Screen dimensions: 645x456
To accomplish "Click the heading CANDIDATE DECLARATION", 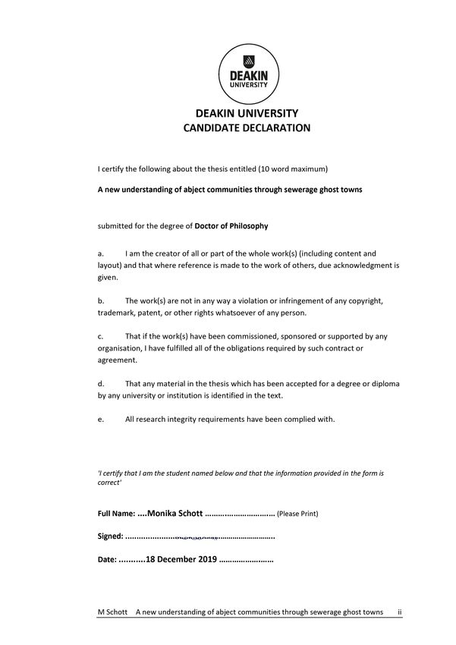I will pyautogui.click(x=247, y=128).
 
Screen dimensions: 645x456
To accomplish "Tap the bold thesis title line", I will pyautogui.click(x=230, y=190).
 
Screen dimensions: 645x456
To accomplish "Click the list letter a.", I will pyautogui.click(x=100, y=253).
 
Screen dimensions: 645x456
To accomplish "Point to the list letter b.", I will pyautogui.click(x=100, y=300).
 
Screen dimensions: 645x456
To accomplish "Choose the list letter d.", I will pyautogui.click(x=100, y=382).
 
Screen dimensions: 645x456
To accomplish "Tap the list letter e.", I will pyautogui.click(x=100, y=418).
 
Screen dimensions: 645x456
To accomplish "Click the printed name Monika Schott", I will pyautogui.click(x=175, y=513).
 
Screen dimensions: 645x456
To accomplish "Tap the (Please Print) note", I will pyautogui.click(x=297, y=514).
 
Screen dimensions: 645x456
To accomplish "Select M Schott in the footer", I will pyautogui.click(x=112, y=612).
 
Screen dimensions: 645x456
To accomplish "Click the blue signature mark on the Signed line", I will pyautogui.click(x=196, y=536).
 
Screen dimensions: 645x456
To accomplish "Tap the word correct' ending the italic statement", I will pyautogui.click(x=110, y=483).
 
